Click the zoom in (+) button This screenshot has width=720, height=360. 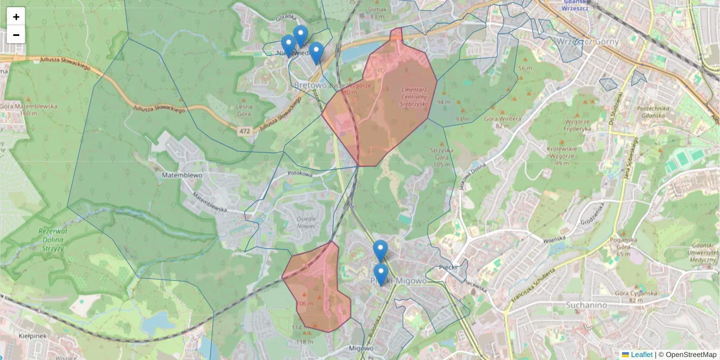[16, 17]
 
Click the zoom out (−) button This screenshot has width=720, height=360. [16, 35]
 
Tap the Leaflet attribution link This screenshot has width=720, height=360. [641, 355]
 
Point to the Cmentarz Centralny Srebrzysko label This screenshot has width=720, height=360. [413, 96]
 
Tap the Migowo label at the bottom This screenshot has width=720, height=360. [361, 348]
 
